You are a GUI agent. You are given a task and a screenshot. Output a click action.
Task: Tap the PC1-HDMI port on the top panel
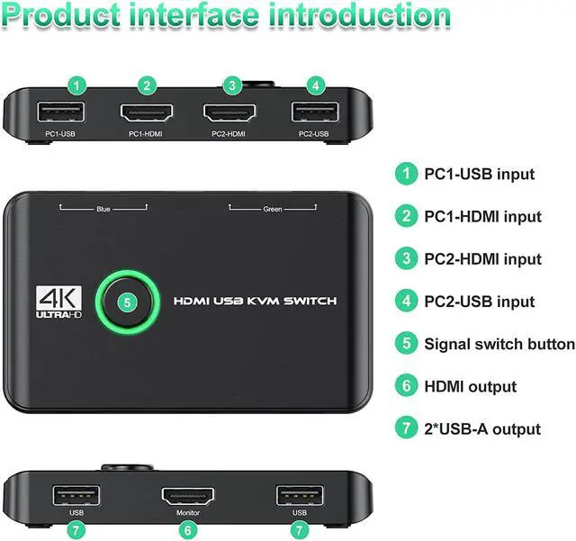click(x=148, y=113)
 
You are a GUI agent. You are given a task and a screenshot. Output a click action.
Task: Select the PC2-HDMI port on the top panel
click(x=232, y=113)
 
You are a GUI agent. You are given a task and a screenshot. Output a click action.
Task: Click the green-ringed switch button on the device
click(x=127, y=302)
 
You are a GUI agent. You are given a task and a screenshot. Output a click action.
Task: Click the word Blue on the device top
click(x=103, y=209)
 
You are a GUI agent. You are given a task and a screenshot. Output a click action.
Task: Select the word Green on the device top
click(x=272, y=209)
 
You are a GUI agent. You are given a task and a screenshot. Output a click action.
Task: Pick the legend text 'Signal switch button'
click(x=499, y=344)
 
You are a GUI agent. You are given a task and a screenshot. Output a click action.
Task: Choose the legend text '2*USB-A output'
click(x=482, y=428)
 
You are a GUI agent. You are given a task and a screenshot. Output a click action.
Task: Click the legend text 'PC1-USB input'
click(x=480, y=174)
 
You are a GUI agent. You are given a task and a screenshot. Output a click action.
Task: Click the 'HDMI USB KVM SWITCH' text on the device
click(x=254, y=301)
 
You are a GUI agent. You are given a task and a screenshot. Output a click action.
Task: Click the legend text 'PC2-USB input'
click(x=480, y=302)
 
